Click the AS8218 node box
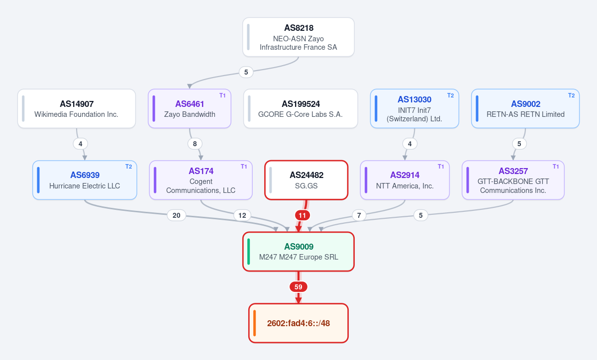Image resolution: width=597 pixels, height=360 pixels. [x=298, y=37]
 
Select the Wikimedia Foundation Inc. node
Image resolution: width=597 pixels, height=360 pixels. [x=77, y=108]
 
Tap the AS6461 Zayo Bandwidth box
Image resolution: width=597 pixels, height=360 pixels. [x=190, y=108]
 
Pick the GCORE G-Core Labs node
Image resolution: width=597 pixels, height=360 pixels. [x=300, y=108]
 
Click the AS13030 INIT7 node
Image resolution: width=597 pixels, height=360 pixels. [x=414, y=108]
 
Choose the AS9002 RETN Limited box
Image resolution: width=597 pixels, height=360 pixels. [x=525, y=108]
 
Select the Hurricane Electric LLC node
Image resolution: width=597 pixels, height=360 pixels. [x=85, y=180]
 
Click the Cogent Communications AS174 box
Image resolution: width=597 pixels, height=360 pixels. [x=200, y=180]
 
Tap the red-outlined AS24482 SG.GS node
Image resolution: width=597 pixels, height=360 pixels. [x=306, y=180]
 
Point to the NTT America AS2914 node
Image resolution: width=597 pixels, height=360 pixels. [x=405, y=180]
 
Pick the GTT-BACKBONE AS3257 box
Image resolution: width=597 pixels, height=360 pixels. [x=513, y=180]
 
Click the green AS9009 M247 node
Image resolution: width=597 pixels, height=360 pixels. [x=298, y=252]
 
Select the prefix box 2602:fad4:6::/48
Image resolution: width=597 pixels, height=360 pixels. [x=298, y=323]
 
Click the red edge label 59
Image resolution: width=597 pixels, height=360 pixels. [x=298, y=287]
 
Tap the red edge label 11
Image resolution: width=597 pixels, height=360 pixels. [x=302, y=215]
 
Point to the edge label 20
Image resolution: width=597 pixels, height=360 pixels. [x=177, y=215]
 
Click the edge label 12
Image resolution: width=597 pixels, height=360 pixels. [x=242, y=215]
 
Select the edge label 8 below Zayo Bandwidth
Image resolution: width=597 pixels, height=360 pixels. [x=195, y=144]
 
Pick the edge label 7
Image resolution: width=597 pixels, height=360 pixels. [x=359, y=215]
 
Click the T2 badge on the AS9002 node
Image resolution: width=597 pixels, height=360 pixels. [x=571, y=95]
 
